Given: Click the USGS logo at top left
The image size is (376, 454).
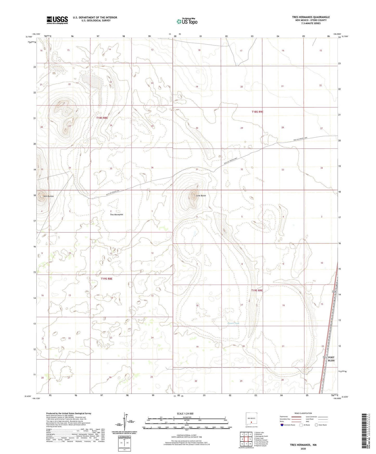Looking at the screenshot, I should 57,20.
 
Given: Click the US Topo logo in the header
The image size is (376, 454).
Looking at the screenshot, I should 187,21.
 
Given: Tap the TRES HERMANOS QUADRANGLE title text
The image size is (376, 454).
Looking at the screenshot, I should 311,17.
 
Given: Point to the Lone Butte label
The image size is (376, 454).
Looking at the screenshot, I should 201,196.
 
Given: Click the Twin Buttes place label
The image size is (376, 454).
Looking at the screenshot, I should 48,196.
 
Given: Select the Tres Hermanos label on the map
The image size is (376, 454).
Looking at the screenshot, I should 117,215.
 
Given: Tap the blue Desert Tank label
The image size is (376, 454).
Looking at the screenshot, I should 233,323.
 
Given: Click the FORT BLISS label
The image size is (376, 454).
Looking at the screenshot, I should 331,359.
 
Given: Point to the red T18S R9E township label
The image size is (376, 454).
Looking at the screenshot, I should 257,112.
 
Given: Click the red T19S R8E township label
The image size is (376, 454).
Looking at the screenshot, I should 107,279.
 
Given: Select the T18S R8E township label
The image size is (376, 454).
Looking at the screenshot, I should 102,118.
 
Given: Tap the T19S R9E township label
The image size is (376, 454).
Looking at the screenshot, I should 257,290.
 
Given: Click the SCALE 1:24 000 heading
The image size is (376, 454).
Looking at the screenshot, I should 185,414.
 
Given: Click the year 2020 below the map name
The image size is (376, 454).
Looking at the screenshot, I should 303,449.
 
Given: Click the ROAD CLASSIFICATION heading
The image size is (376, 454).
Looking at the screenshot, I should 303,413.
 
